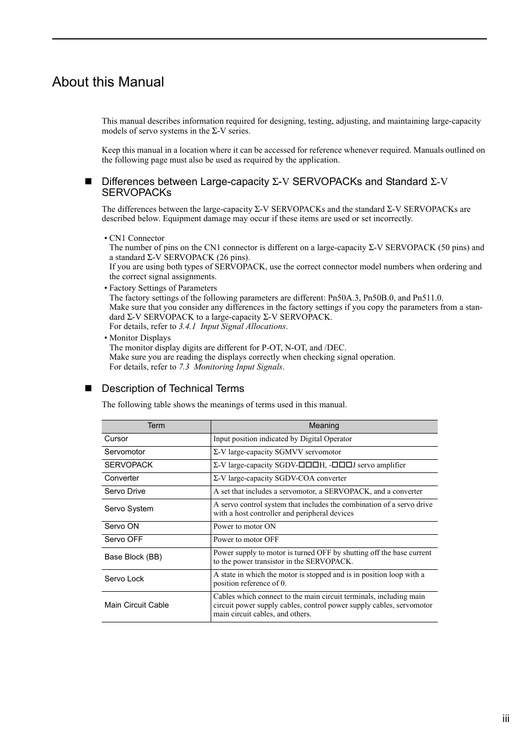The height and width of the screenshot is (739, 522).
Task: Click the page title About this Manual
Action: (108, 82)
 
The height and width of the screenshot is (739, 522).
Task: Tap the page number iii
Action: (506, 719)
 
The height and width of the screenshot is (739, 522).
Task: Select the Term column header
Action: (156, 426)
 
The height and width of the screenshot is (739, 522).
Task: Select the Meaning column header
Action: (324, 426)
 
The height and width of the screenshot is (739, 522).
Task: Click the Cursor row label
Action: (117, 439)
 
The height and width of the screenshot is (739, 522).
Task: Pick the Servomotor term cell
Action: (125, 452)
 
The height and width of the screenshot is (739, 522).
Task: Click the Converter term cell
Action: (121, 478)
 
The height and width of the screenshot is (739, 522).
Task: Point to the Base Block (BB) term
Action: (133, 557)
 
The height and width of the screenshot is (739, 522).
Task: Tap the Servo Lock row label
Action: (124, 579)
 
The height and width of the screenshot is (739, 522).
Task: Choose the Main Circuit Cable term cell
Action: (136, 605)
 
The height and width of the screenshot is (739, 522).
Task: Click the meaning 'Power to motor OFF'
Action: (246, 540)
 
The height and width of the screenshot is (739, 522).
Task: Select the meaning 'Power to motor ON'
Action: (244, 527)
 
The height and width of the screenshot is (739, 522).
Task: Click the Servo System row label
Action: (129, 509)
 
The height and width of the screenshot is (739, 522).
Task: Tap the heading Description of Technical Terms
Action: (173, 389)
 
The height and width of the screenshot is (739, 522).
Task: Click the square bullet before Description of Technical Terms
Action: (88, 389)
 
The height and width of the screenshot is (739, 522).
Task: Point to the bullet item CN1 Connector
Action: (136, 238)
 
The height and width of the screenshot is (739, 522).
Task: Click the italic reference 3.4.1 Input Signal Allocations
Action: (233, 327)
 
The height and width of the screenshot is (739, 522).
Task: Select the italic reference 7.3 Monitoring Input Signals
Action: (230, 367)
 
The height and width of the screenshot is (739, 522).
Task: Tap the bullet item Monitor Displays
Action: (140, 338)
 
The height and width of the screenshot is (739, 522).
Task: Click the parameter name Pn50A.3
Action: (343, 298)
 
